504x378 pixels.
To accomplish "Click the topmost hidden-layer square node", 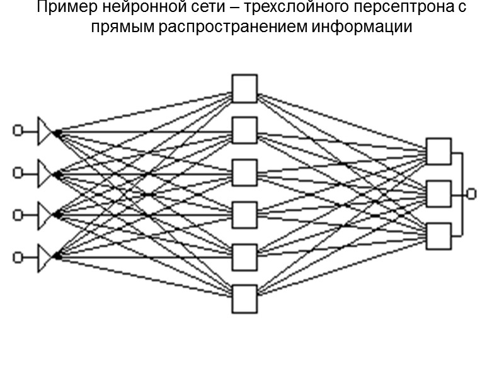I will coord(244,88).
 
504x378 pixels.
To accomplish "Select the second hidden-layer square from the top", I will coord(244,130).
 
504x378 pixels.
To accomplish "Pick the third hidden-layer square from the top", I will coord(244,173).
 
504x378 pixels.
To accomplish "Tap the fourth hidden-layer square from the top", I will coord(244,215).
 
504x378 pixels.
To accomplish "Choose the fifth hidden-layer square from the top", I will coord(244,257).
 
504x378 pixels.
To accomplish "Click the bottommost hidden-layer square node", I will coord(244,299).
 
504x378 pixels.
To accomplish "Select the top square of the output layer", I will coord(438,151).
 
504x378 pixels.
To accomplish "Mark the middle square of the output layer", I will coord(438,193).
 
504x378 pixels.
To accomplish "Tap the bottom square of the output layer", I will coord(438,236).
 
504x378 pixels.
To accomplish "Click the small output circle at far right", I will coord(471,193).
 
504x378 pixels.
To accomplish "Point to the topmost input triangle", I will coord(46,130).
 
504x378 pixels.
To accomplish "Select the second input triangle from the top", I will coord(46,173).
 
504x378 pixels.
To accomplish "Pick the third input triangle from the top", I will coord(46,215).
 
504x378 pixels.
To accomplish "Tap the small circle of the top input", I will coord(18,130).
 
